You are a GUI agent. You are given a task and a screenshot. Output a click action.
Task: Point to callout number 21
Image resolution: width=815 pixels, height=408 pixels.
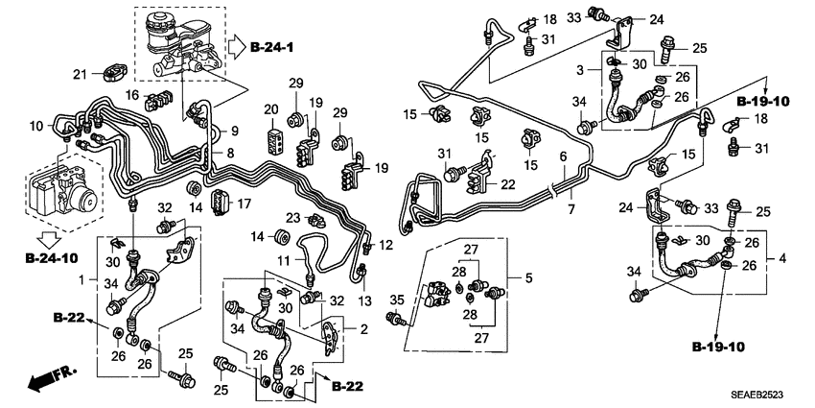(81, 74)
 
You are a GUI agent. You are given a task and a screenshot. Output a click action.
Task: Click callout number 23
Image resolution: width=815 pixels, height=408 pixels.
(293, 218)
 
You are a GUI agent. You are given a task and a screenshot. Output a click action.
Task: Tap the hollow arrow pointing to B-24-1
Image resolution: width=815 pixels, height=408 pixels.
(237, 44)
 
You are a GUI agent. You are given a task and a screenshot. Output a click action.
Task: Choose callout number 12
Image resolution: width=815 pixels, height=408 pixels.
(385, 247)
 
